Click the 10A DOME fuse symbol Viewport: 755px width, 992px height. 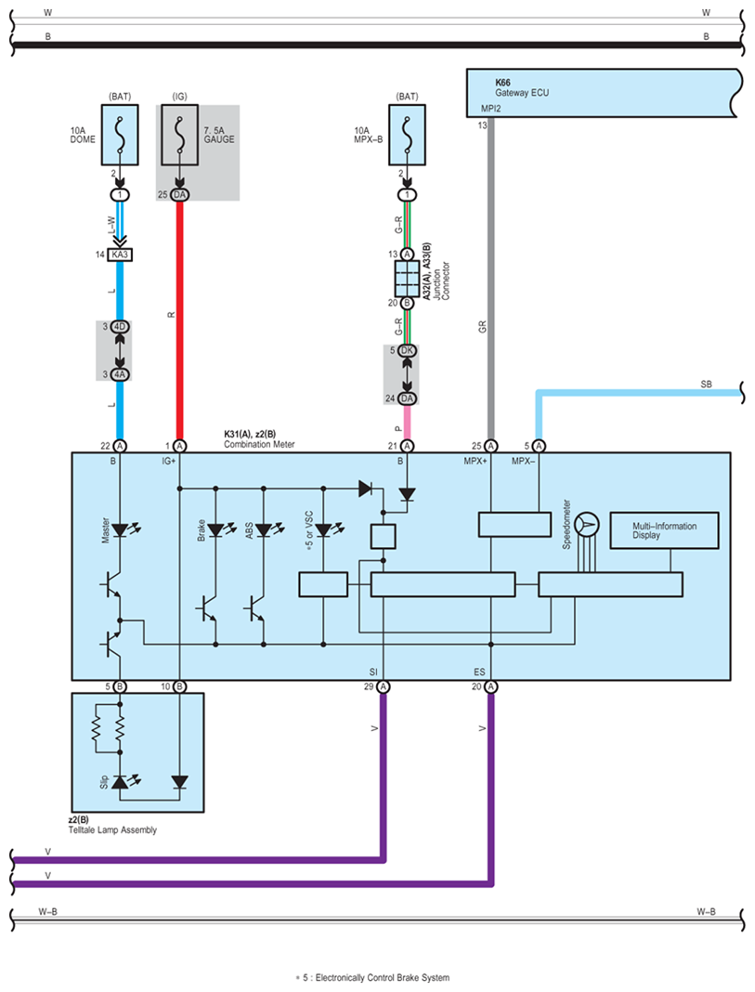pyautogui.click(x=120, y=136)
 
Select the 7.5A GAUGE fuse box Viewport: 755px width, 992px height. pyautogui.click(x=179, y=136)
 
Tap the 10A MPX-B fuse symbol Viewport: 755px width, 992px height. pyautogui.click(x=408, y=136)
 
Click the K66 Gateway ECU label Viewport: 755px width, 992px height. pyautogui.click(x=522, y=88)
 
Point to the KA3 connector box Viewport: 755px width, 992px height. pyautogui.click(x=120, y=255)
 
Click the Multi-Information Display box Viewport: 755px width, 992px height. pyautogui.click(x=664, y=530)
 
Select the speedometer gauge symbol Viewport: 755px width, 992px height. pyautogui.click(x=588, y=525)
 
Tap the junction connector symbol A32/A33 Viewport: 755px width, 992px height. pyautogui.click(x=408, y=279)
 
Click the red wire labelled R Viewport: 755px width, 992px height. pyautogui.click(x=179, y=320)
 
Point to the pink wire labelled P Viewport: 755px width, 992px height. pyautogui.click(x=408, y=422)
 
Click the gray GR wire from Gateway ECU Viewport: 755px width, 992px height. pyautogui.click(x=490, y=279)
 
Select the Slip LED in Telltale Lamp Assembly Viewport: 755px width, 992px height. pyautogui.click(x=120, y=782)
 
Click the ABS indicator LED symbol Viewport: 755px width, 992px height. pyautogui.click(x=264, y=529)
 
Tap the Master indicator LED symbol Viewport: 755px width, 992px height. pyautogui.click(x=120, y=529)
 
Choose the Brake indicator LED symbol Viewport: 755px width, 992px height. pyautogui.click(x=215, y=529)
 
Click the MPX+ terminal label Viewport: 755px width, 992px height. pyautogui.click(x=475, y=462)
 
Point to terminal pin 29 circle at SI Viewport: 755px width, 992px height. pyautogui.click(x=384, y=686)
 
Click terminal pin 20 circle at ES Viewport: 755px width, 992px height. pyautogui.click(x=490, y=686)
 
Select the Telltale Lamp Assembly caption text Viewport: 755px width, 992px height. pyautogui.click(x=112, y=830)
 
